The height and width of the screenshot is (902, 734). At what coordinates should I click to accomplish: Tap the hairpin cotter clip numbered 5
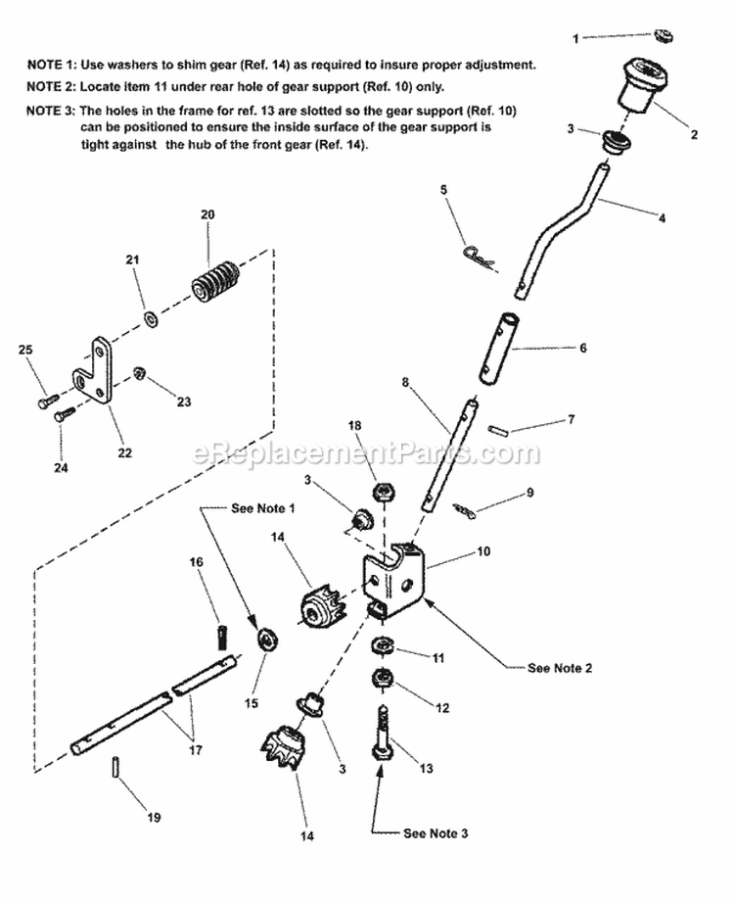[x=479, y=257]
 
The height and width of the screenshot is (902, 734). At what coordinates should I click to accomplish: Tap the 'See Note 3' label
[x=436, y=833]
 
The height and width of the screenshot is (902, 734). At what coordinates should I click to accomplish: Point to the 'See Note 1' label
[x=261, y=508]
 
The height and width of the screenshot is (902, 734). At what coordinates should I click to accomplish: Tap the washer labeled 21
[x=152, y=317]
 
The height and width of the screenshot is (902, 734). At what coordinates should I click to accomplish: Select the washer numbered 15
[x=265, y=641]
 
